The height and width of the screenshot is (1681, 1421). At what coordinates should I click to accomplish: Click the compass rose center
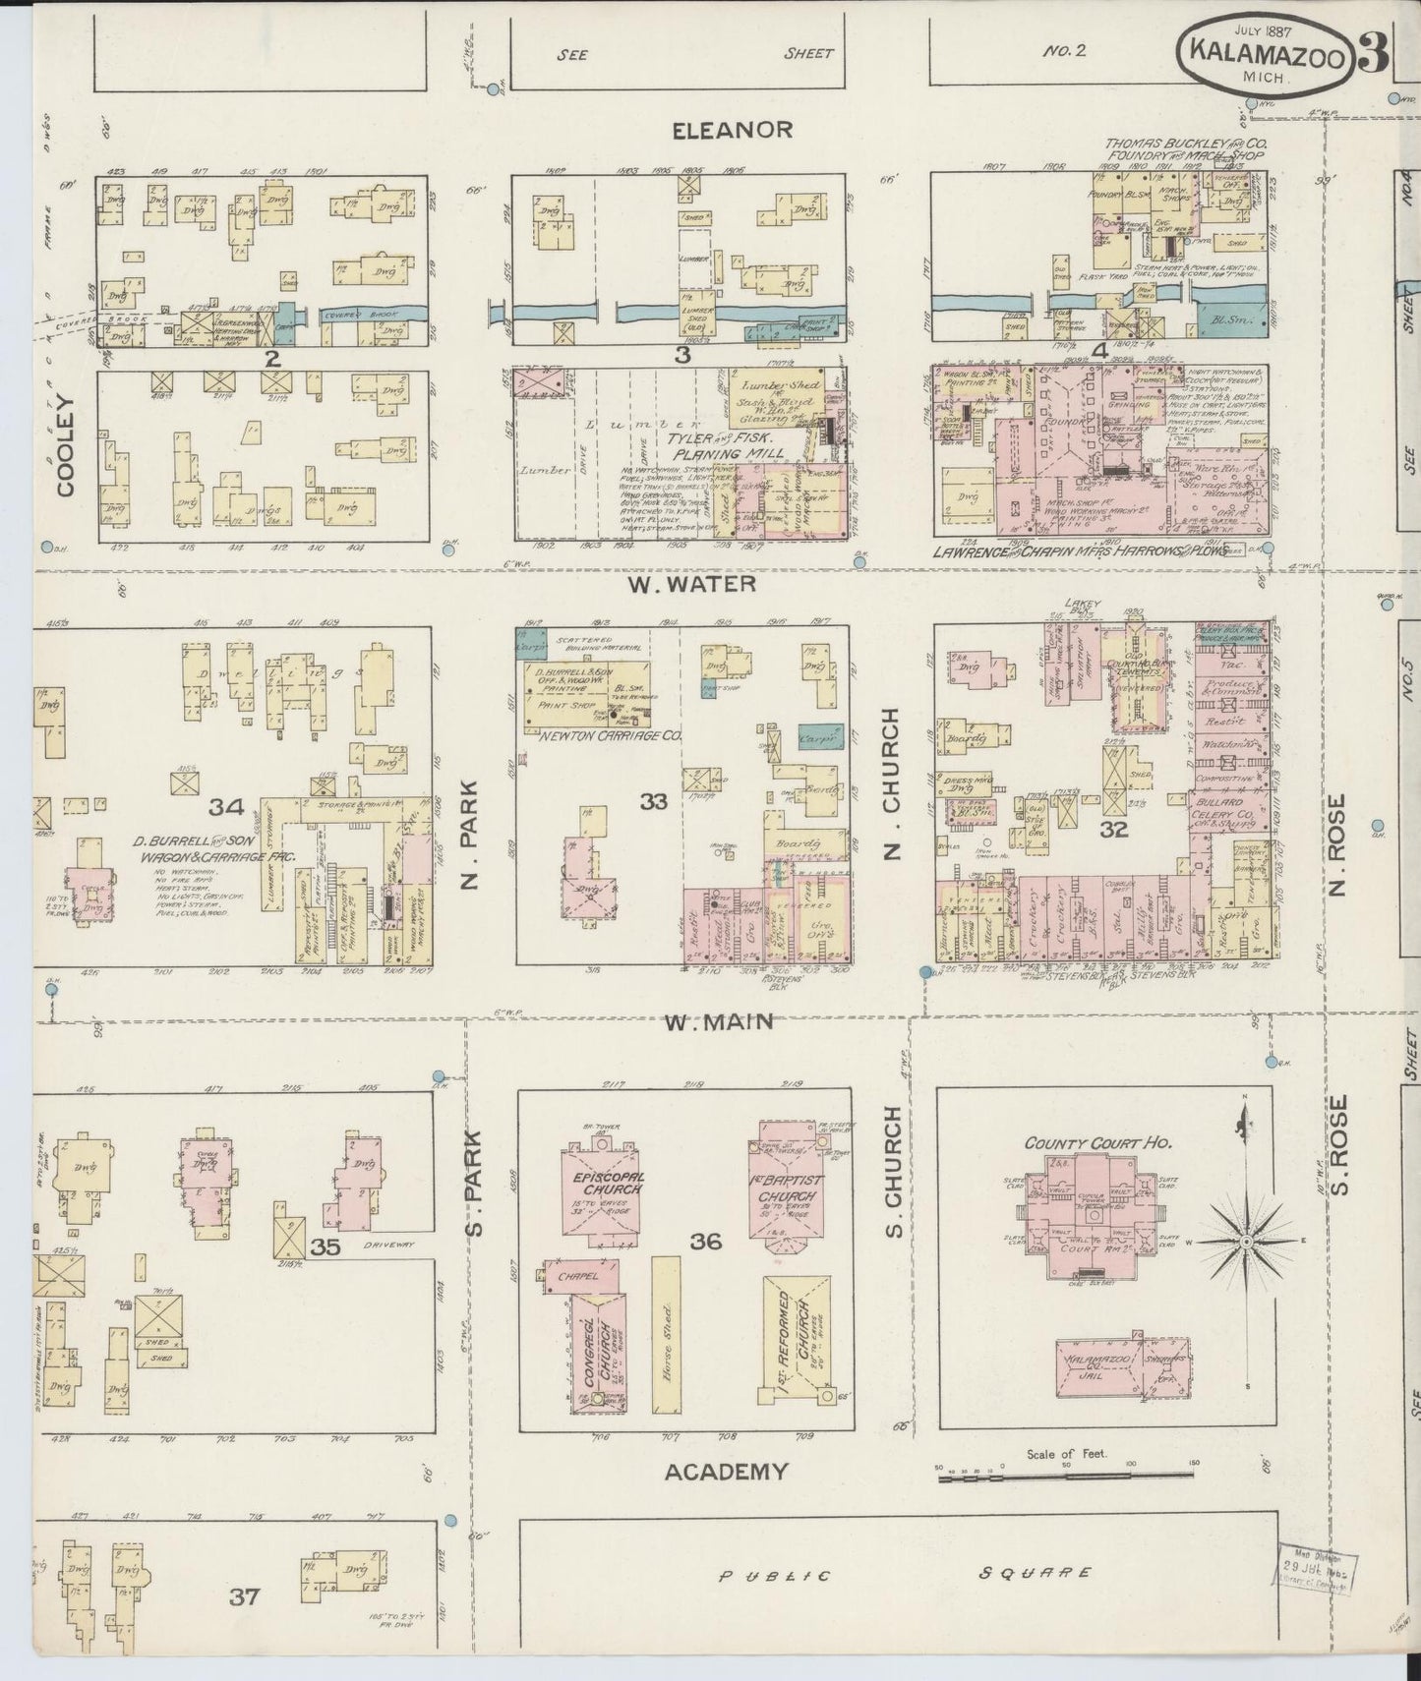tap(1245, 1243)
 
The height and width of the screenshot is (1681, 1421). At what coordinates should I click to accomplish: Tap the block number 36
tap(705, 1242)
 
